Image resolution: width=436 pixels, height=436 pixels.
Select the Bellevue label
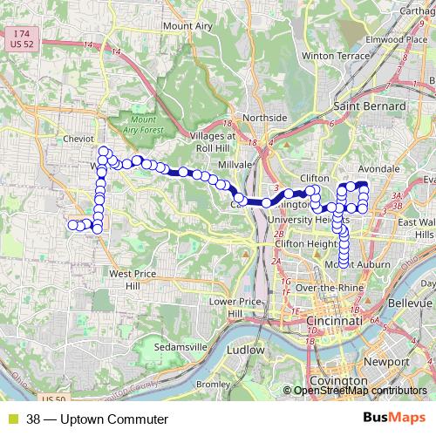point(407,311)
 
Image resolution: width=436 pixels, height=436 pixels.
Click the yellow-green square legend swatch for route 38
point(13,419)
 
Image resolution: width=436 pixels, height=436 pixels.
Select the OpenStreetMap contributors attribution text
point(359,391)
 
